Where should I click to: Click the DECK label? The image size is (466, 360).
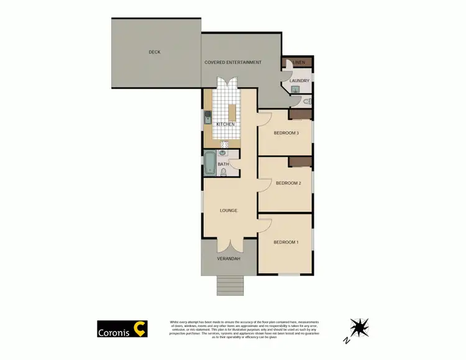point(155,52)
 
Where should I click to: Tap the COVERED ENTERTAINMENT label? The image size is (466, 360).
point(233,62)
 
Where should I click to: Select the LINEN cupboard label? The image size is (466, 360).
point(299,62)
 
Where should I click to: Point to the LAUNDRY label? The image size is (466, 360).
point(299,81)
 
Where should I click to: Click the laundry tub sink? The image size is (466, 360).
point(295,89)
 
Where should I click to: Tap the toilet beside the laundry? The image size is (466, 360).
point(306,101)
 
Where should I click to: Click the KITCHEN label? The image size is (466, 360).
point(225,124)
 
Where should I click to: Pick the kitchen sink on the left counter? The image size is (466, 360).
point(206,117)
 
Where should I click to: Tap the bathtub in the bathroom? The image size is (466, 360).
point(209,164)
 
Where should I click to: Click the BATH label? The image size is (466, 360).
point(222,164)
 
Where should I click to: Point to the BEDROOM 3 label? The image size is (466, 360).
point(287,133)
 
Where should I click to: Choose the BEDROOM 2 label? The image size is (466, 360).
point(288,183)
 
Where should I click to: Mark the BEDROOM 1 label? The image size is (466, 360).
point(286,242)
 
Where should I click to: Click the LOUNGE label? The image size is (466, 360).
point(229,210)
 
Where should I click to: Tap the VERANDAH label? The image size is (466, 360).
point(228,258)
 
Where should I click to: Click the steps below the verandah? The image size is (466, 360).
point(228,285)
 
